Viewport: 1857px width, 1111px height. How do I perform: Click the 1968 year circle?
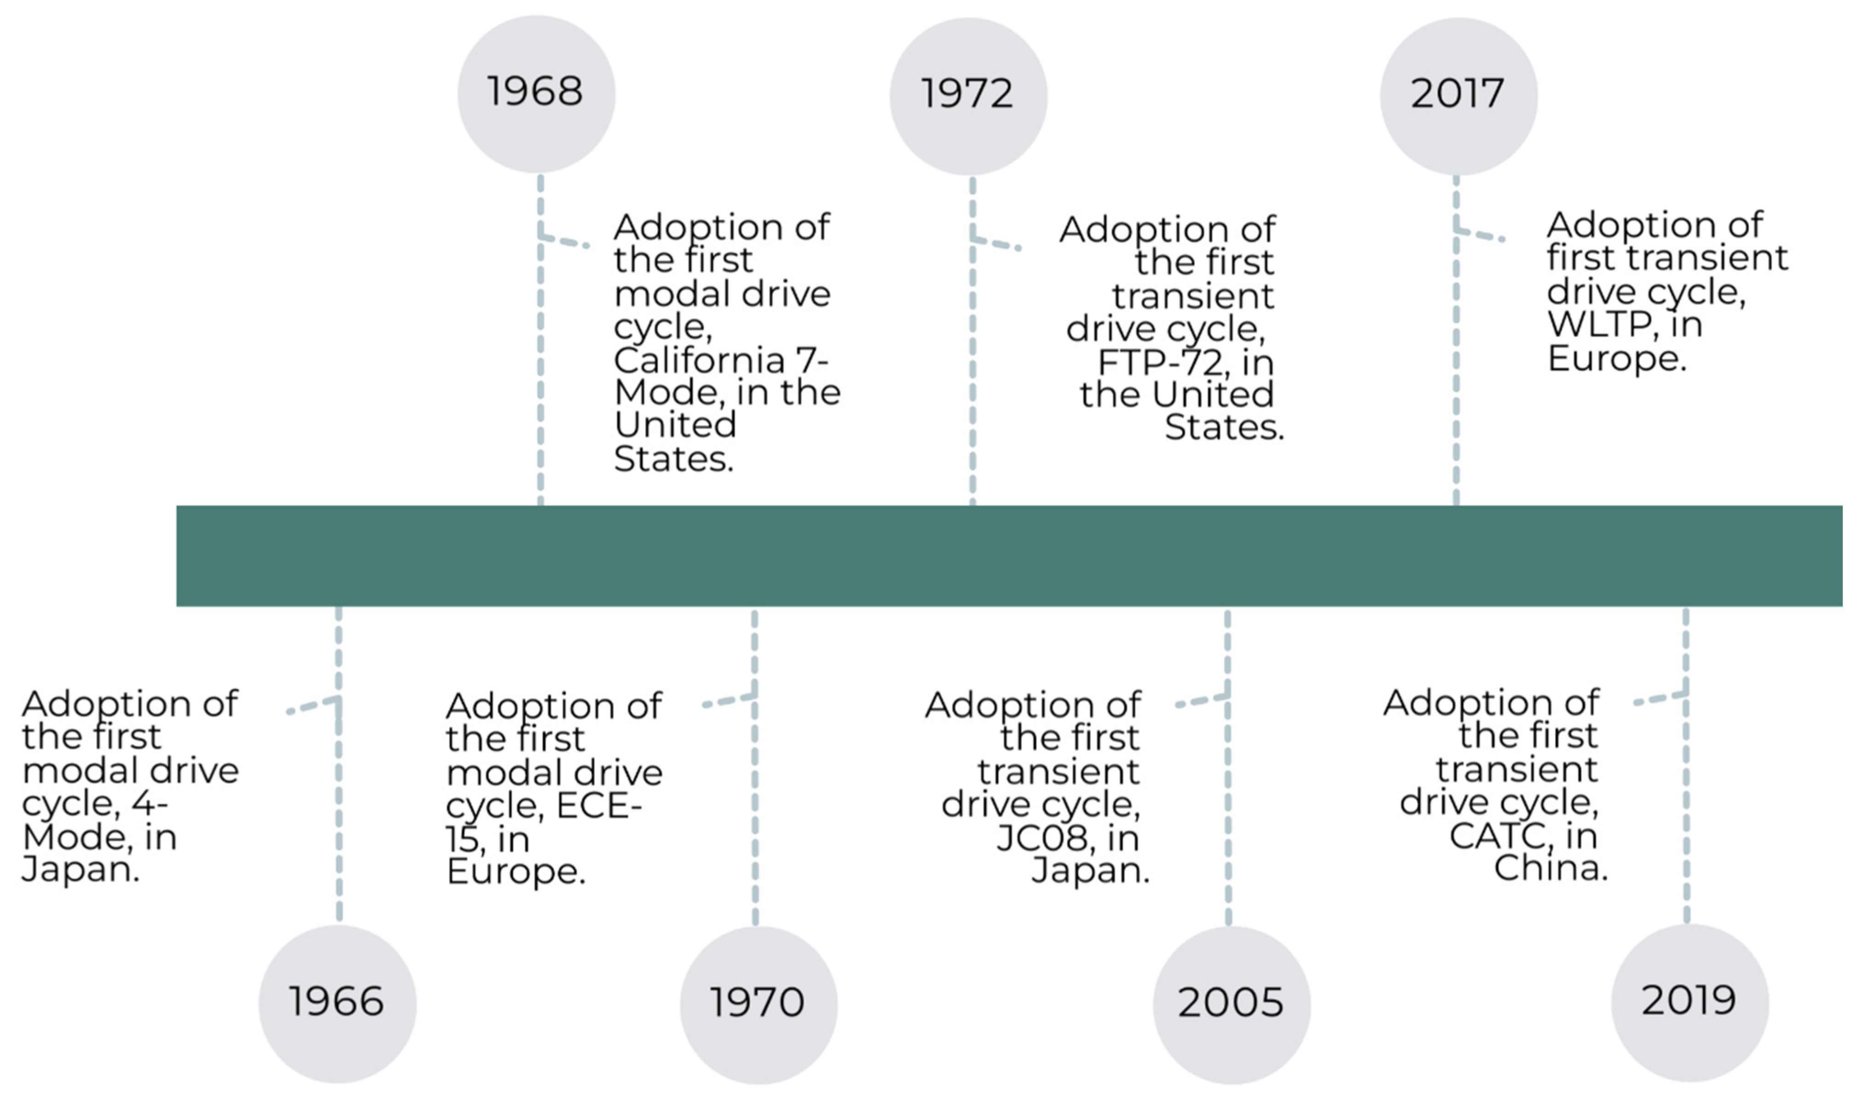[536, 94]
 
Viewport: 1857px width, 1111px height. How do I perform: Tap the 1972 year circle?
[968, 96]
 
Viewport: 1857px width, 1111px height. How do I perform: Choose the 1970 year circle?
[759, 1005]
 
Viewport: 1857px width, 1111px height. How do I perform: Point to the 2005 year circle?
[1232, 1005]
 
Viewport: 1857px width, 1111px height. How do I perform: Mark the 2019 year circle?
[1690, 1003]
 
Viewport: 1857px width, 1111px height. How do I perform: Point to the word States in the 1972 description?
[1223, 427]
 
